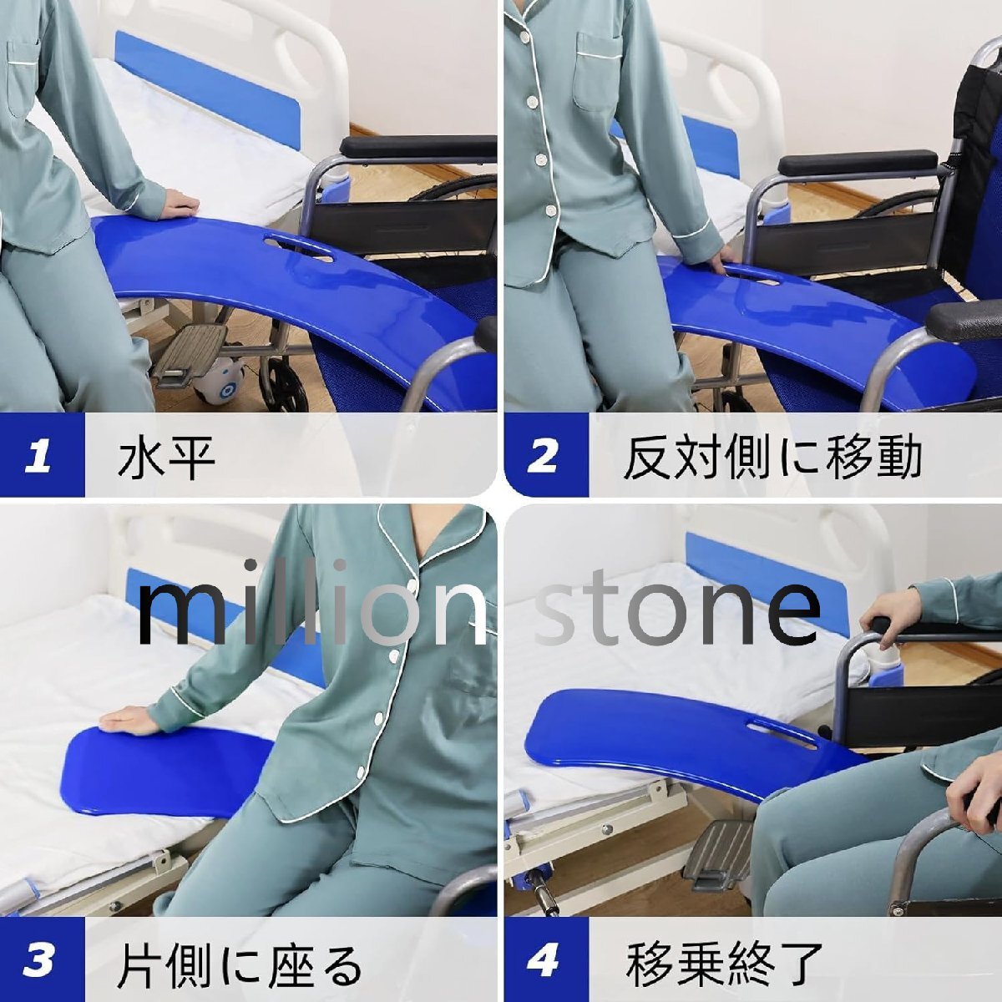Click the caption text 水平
point(167,457)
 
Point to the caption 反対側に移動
point(772,457)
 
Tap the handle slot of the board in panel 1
point(299,248)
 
